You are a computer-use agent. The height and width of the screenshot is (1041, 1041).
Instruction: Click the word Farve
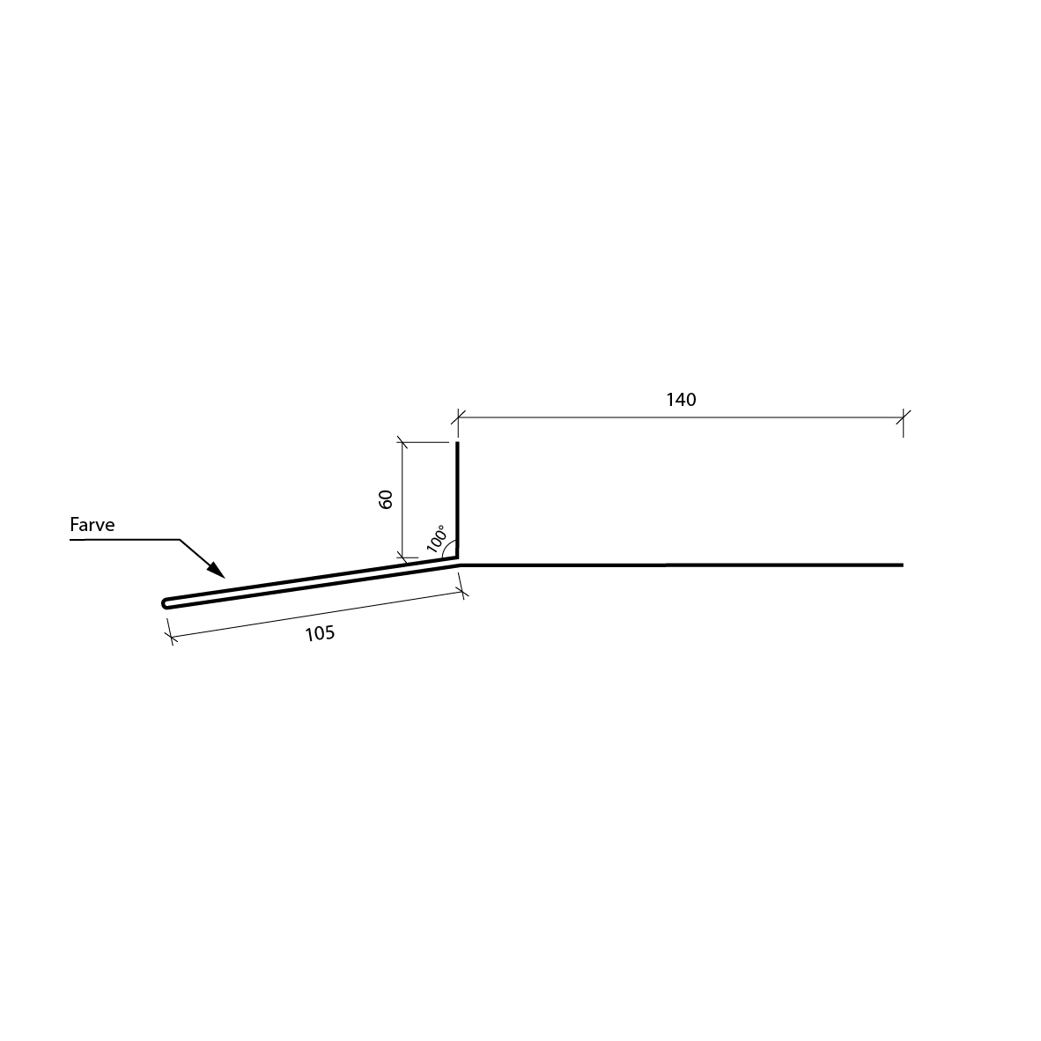pos(92,525)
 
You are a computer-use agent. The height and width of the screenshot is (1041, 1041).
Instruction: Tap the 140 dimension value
pos(681,400)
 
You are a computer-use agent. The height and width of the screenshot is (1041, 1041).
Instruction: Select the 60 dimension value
pos(386,499)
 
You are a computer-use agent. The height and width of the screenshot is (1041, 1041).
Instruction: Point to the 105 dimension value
pos(320,634)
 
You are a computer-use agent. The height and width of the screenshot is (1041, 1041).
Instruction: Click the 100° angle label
pos(436,538)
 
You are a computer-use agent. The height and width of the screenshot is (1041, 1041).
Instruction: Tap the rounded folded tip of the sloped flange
pos(166,603)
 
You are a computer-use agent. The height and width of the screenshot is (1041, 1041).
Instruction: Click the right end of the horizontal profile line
pos(903,565)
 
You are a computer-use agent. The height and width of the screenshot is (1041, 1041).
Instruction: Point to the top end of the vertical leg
pos(457,443)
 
